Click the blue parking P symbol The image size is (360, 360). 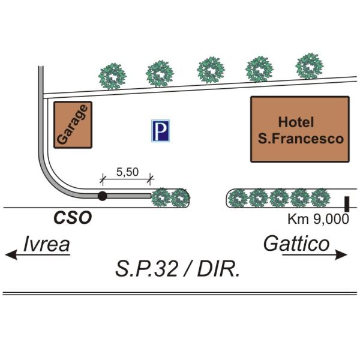coord(160,131)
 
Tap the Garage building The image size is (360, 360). coord(73,124)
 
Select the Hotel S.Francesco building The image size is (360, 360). coord(299,129)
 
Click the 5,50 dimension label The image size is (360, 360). coord(127,172)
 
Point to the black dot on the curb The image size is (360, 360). coord(103,196)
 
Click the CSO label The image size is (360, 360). coord(73,218)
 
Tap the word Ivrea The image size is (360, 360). coord(47,244)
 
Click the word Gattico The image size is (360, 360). coord(296,244)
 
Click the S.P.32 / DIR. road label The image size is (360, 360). coord(178,269)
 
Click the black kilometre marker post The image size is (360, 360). coord(347,202)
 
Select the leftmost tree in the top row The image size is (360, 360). coord(112,76)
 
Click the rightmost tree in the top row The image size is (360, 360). coord(310,65)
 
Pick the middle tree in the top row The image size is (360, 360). coord(211,70)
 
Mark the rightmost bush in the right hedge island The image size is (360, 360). coord(320,197)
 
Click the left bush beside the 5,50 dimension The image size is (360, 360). coord(161,197)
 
